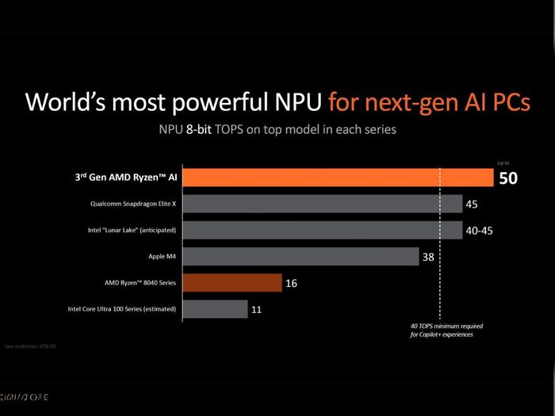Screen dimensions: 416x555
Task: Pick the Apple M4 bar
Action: click(301, 257)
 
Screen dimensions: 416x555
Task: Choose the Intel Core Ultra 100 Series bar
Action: click(215, 309)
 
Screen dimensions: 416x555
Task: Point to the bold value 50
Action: click(507, 178)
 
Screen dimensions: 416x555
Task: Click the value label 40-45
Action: click(483, 231)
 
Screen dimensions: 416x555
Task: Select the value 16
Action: click(292, 283)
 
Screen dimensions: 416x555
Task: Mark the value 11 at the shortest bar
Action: click(257, 309)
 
